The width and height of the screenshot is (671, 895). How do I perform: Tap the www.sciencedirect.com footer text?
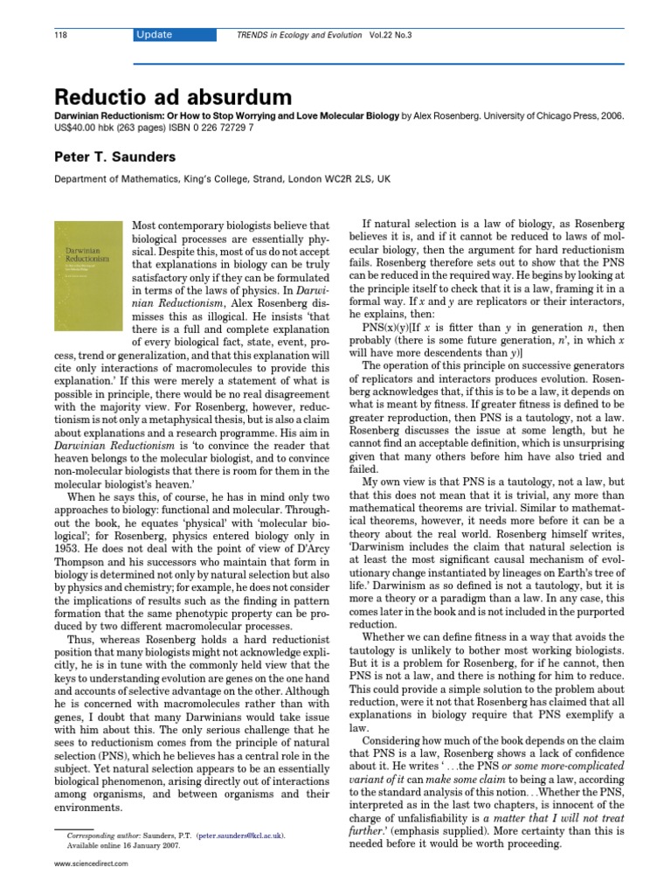click(91, 864)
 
